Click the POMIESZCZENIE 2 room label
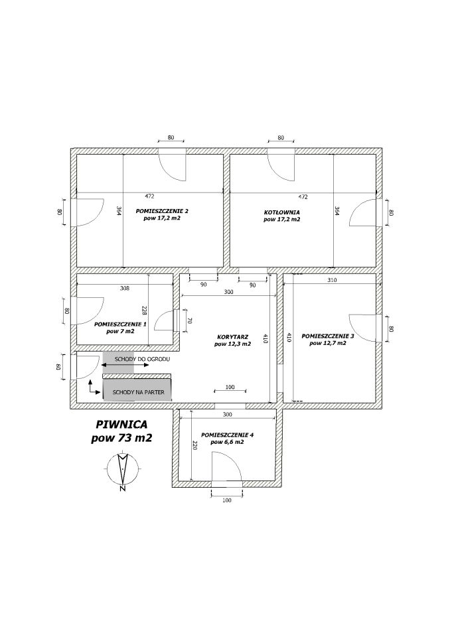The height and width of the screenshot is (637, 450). (162, 211)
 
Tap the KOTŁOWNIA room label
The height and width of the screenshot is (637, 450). (281, 212)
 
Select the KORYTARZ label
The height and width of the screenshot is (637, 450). (232, 337)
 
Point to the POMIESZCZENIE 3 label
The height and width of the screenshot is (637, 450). (328, 336)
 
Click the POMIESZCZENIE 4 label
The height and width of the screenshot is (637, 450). (227, 435)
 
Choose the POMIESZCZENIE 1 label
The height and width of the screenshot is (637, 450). (120, 324)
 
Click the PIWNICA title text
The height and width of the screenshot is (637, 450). (121, 424)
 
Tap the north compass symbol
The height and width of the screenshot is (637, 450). (122, 470)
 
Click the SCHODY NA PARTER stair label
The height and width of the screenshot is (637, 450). (138, 392)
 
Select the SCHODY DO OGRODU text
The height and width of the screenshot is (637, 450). (142, 359)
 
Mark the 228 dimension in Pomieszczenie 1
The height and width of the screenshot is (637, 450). (144, 311)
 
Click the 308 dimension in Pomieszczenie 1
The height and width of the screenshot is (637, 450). (125, 289)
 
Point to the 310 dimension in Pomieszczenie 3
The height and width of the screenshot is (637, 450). (332, 280)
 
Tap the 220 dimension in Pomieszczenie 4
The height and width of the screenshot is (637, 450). (194, 446)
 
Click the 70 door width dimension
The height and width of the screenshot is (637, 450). (189, 320)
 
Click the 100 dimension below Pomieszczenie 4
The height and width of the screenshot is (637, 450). (227, 500)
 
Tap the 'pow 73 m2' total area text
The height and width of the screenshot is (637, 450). (121, 439)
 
